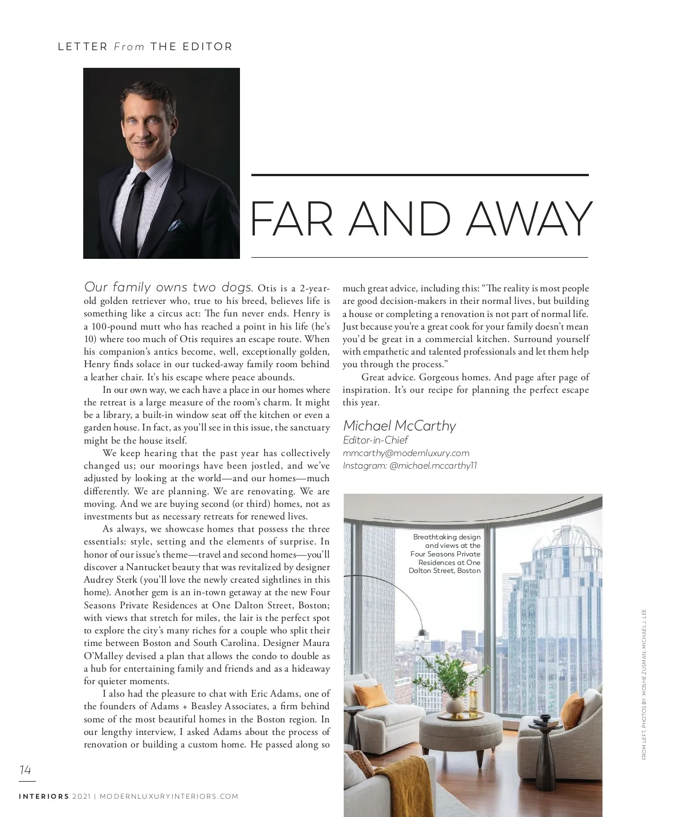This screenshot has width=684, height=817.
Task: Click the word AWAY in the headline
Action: click(x=529, y=220)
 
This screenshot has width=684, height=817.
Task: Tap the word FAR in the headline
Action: click(x=292, y=220)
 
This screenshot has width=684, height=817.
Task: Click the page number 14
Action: click(x=25, y=770)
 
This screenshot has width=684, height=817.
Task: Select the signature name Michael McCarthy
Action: click(x=399, y=426)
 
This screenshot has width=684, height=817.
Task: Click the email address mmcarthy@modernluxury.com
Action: click(x=406, y=453)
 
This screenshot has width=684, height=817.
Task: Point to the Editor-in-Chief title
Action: click(x=375, y=440)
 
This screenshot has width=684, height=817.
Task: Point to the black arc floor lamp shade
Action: click(x=422, y=632)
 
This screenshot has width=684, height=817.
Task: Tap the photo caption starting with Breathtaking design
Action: click(x=445, y=554)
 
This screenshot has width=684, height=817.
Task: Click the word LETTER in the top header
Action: click(x=83, y=47)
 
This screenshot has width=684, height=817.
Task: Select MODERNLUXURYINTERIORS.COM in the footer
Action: click(x=169, y=796)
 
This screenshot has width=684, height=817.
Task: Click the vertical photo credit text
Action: click(x=644, y=684)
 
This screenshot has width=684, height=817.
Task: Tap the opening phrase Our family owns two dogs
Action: click(x=168, y=287)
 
